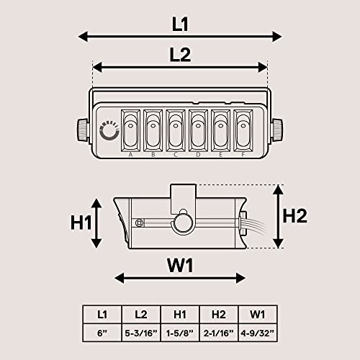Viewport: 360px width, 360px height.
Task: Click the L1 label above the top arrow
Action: click(x=180, y=23)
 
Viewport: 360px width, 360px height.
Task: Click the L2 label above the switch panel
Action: click(x=180, y=55)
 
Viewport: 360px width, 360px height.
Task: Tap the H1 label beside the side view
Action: click(x=81, y=223)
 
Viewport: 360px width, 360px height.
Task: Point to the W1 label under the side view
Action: click(x=180, y=266)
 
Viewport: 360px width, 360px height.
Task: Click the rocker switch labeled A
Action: click(x=131, y=130)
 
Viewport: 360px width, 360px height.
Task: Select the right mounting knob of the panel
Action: click(x=278, y=130)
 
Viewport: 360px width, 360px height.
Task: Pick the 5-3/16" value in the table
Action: click(x=141, y=333)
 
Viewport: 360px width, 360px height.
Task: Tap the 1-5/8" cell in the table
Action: click(x=180, y=333)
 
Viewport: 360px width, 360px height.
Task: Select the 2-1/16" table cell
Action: click(x=218, y=333)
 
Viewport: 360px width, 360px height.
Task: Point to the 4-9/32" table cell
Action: click(x=257, y=333)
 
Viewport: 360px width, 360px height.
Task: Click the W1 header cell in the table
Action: click(x=257, y=315)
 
